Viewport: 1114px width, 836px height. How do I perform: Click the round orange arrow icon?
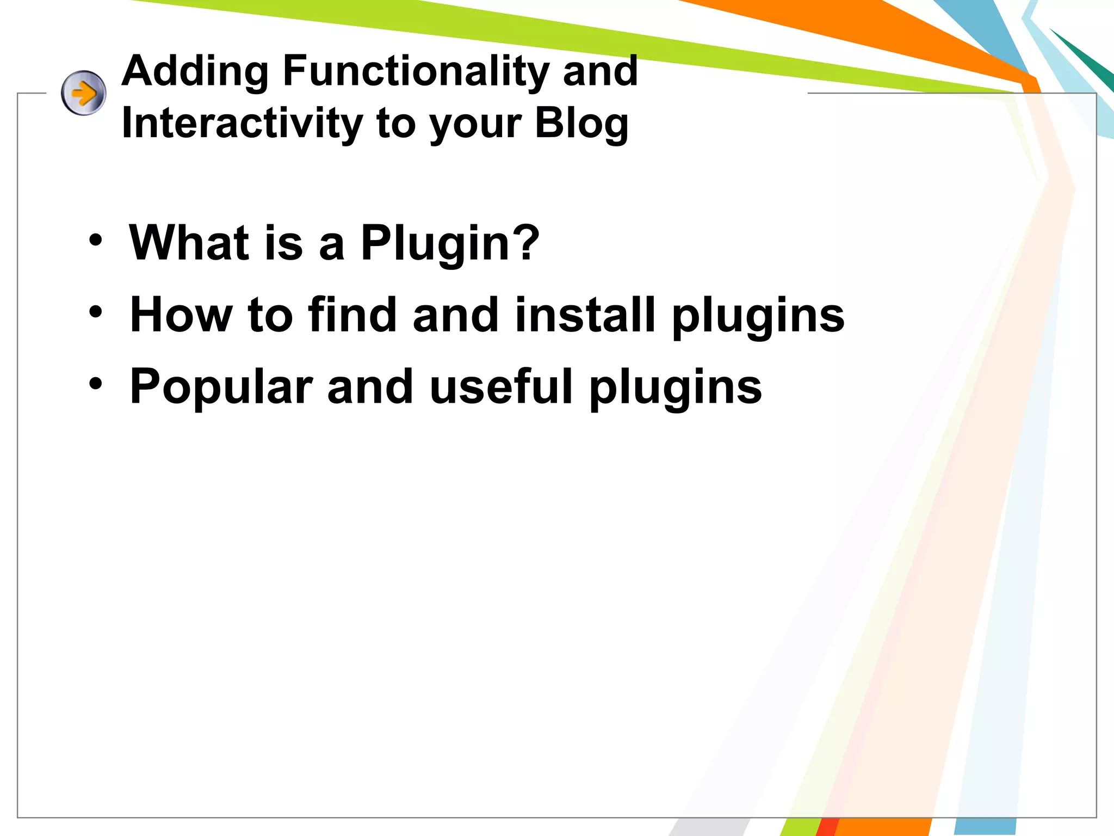point(83,93)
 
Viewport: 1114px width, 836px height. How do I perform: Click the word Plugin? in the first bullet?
point(449,243)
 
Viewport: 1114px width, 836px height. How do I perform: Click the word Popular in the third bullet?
point(221,388)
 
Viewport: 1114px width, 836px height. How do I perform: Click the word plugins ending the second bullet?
point(758,317)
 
